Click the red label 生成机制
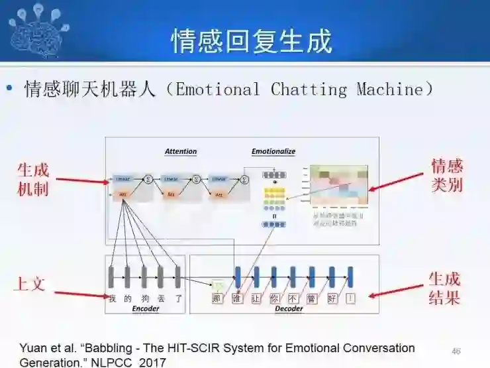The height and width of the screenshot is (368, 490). (33, 179)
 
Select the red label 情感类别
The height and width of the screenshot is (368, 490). (447, 175)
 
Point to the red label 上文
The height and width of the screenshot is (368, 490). (30, 284)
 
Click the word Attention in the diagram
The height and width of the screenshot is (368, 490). (181, 152)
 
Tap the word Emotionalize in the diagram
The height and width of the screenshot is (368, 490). (273, 152)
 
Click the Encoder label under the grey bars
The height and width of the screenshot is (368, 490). (146, 309)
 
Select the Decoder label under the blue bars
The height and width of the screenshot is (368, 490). (289, 309)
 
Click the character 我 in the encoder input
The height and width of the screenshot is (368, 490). (112, 298)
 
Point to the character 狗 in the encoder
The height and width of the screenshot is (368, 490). (144, 298)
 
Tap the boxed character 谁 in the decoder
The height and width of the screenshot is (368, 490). (237, 298)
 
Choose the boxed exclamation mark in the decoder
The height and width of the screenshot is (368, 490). (350, 298)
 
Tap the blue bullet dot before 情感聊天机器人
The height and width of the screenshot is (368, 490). (9, 89)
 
